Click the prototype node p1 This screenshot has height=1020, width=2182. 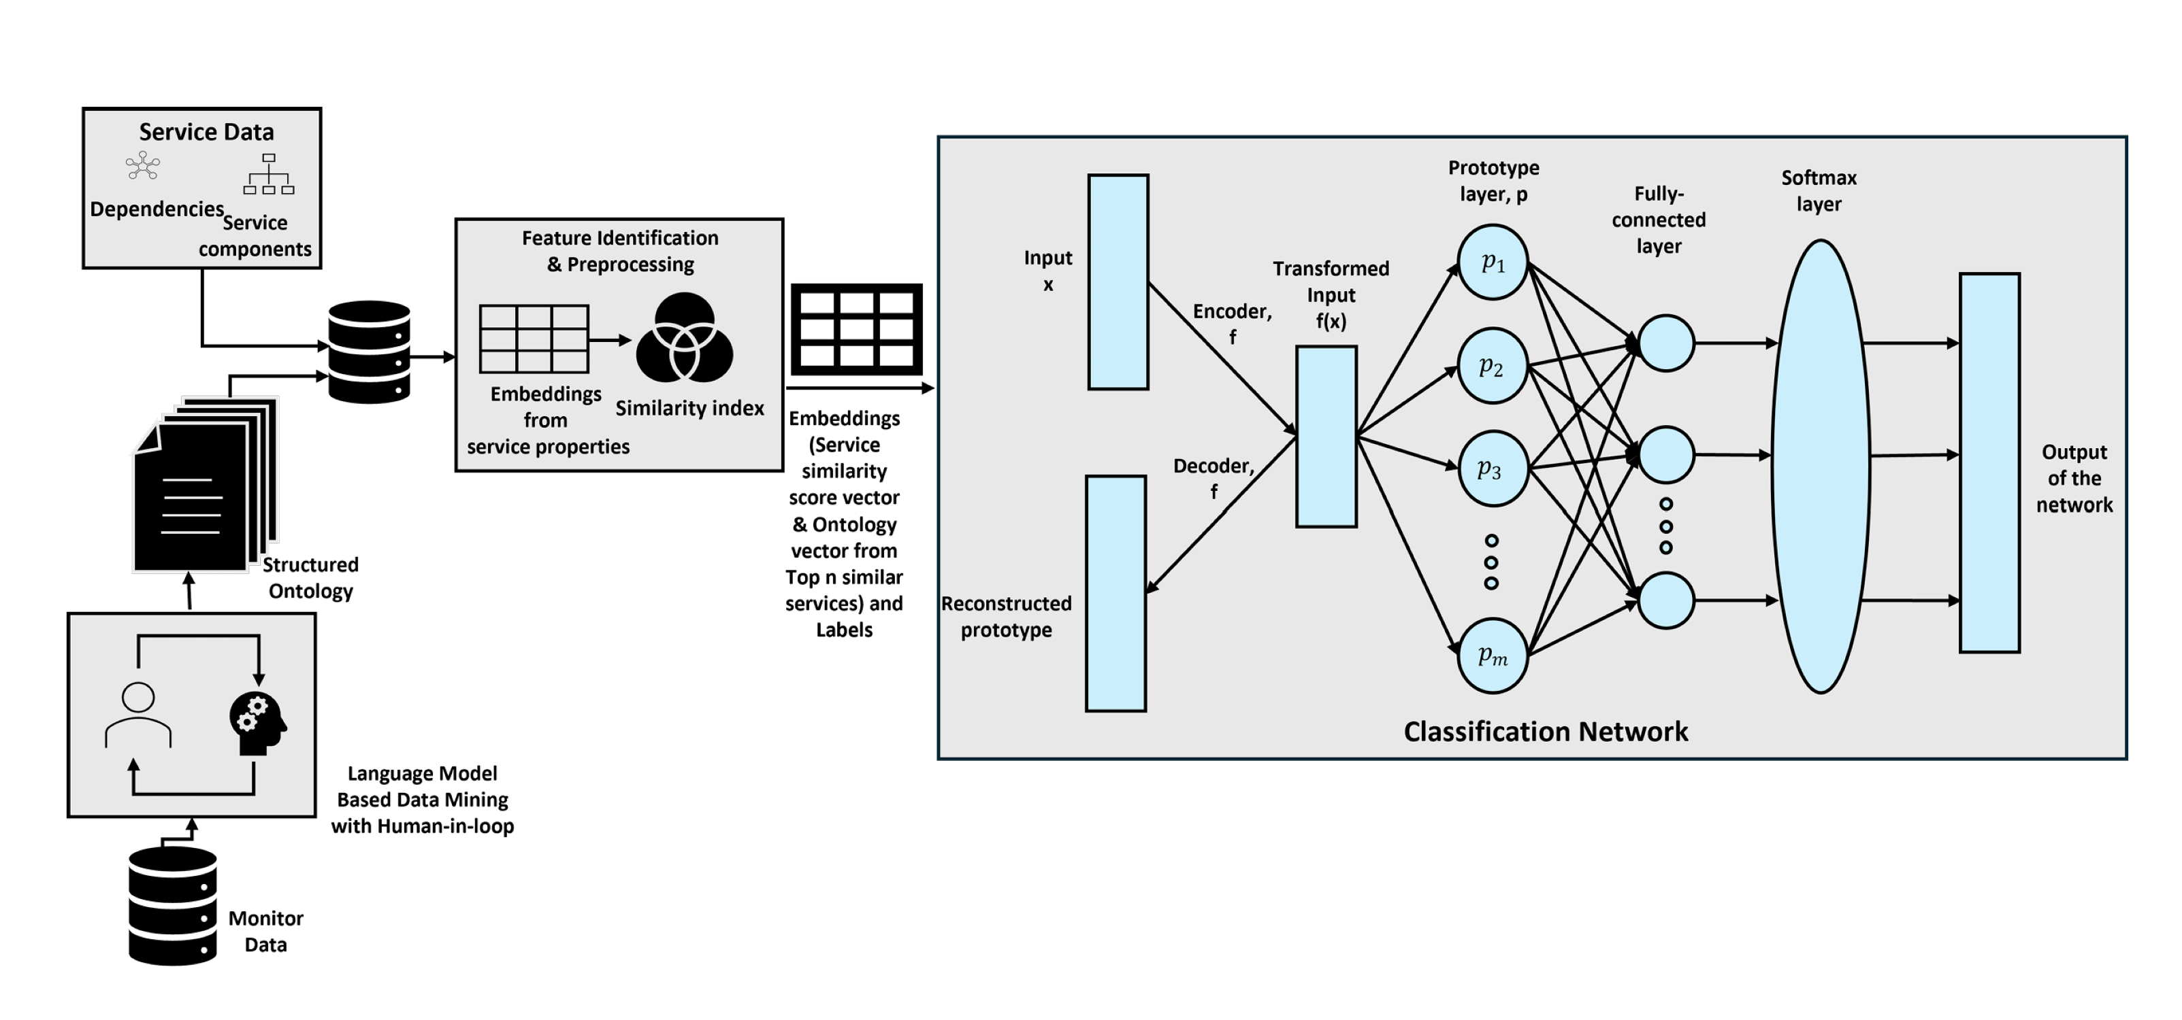point(1493,262)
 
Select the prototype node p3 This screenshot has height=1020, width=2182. point(1493,469)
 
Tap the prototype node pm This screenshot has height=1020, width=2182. point(1493,656)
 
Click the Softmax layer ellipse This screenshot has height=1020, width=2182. point(1821,466)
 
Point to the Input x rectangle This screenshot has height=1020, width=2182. point(1118,282)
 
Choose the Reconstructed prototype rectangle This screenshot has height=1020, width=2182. point(1116,592)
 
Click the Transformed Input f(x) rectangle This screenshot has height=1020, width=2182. point(1326,436)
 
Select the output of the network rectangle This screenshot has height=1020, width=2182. point(1989,462)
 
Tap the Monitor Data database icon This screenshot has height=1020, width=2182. point(173,906)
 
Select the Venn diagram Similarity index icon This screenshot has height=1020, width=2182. point(685,339)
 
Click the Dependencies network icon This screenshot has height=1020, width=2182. point(142,166)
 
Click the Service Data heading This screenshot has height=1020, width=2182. point(207,132)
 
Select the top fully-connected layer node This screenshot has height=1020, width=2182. point(1665,343)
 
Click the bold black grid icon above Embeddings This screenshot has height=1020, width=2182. point(856,329)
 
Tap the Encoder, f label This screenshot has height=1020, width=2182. point(1233,322)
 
